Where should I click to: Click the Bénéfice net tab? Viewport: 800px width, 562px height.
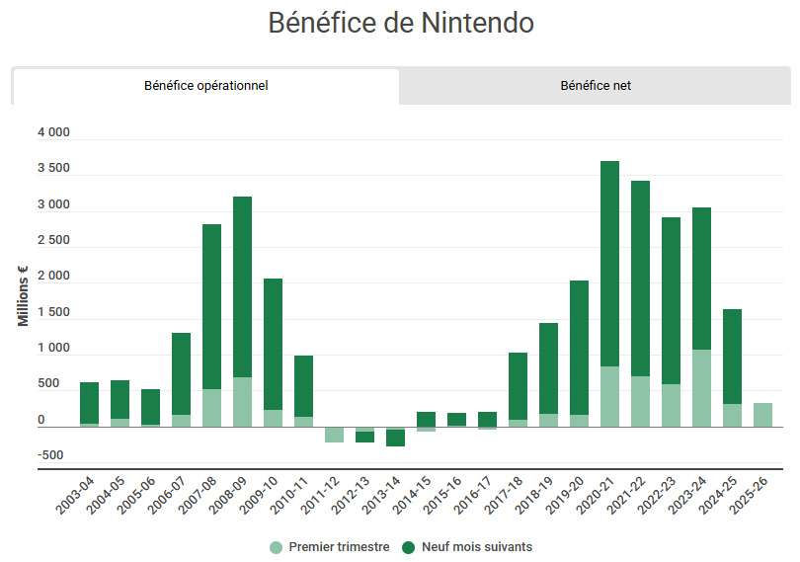595,86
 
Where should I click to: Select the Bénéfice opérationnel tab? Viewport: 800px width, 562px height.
205,86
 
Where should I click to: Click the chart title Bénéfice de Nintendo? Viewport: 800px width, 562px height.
401,23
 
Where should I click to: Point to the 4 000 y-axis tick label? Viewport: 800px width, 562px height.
53,133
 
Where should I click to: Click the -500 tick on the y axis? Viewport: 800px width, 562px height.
53,455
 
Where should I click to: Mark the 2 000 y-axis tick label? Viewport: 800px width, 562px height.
53,277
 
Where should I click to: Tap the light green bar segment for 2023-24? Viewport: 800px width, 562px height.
701,388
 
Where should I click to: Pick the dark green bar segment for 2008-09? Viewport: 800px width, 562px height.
242,286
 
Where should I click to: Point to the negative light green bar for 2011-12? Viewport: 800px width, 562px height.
334,435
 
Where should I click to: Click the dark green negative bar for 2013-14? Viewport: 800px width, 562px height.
395,439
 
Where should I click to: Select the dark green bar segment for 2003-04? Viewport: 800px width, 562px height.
89,403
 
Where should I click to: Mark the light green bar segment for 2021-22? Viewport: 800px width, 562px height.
640,401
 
